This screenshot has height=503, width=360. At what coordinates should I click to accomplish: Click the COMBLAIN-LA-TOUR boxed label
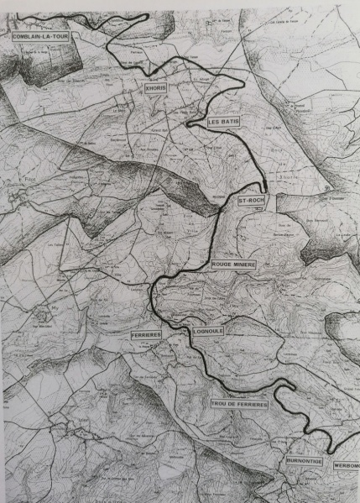click(38, 37)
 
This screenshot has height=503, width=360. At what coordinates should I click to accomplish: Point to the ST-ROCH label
click(252, 202)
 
